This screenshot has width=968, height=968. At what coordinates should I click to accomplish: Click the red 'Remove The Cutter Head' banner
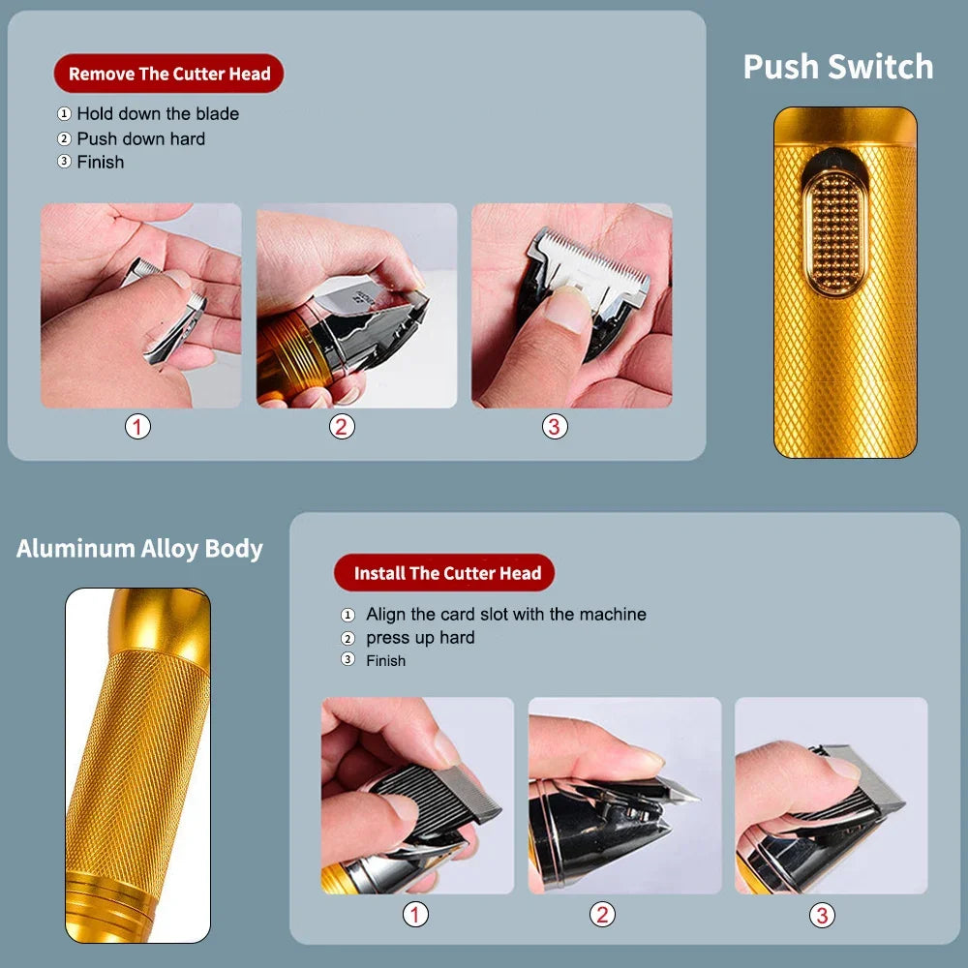(168, 74)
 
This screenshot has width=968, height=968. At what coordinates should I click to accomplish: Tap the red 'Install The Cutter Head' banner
(444, 573)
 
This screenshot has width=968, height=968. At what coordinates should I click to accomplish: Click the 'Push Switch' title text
(837, 67)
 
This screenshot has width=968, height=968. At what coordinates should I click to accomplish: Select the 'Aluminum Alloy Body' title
(139, 548)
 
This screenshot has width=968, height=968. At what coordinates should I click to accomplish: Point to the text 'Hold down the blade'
(157, 114)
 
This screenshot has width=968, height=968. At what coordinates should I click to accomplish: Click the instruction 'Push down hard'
(140, 138)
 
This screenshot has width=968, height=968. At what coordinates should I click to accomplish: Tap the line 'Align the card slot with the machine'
(505, 615)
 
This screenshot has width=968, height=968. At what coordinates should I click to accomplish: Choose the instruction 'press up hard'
(420, 638)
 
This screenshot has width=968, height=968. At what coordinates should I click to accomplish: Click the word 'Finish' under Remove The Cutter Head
(101, 163)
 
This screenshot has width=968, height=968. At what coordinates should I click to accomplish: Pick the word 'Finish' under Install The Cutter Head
(385, 661)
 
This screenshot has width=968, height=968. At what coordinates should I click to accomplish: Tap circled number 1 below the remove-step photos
(137, 426)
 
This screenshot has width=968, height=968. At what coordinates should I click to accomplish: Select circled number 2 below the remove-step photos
(342, 426)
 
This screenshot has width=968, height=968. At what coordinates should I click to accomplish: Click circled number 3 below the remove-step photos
(555, 426)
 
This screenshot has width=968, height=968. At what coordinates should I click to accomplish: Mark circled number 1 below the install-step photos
(415, 914)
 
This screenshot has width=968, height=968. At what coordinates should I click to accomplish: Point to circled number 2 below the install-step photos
(603, 914)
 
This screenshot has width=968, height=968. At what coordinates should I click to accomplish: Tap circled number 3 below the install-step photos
(822, 914)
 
